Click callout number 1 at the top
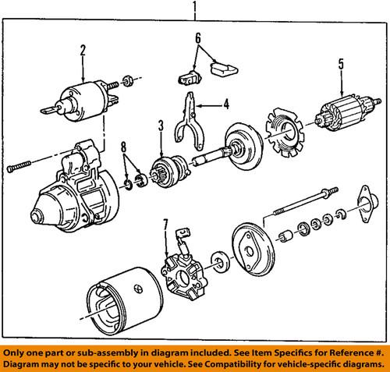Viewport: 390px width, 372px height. pos(194,9)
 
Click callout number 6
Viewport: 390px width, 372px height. pos(197,37)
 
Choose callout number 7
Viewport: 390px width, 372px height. pos(165,228)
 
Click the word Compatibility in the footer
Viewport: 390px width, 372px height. pos(227,360)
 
